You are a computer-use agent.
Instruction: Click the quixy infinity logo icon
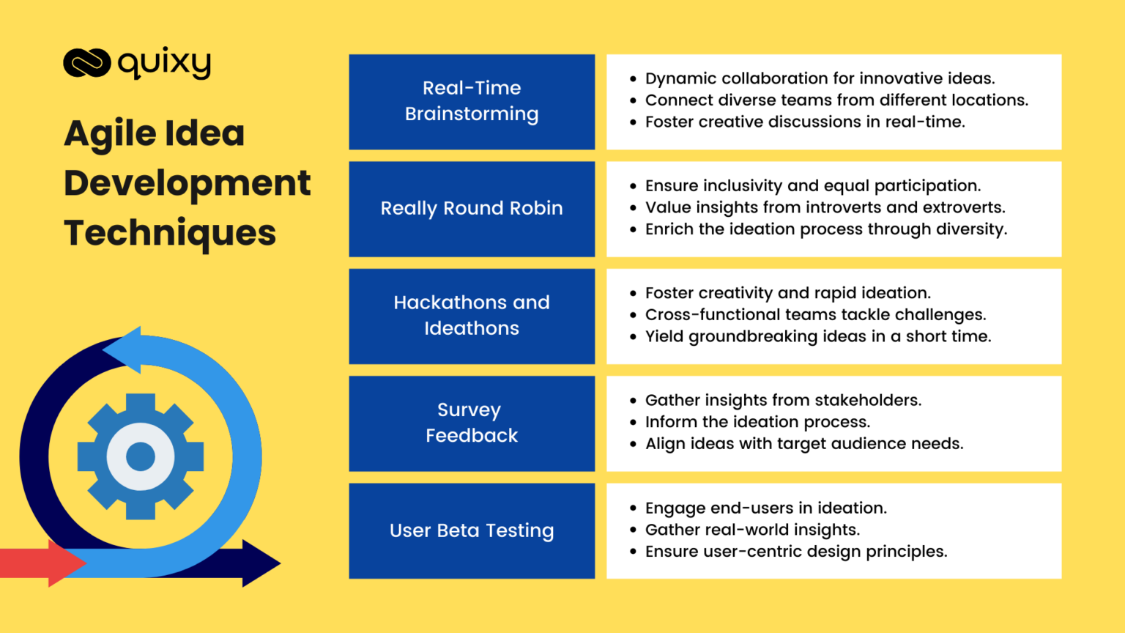pyautogui.click(x=86, y=63)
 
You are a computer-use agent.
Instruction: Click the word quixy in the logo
pyautogui.click(x=164, y=64)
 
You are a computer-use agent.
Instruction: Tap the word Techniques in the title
pyautogui.click(x=170, y=233)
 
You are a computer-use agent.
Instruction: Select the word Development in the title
pyautogui.click(x=187, y=183)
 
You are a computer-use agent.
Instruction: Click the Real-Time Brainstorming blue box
pyautogui.click(x=472, y=101)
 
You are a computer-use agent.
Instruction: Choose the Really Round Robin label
pyautogui.click(x=472, y=209)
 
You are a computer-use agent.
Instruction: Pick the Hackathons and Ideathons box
pyautogui.click(x=472, y=316)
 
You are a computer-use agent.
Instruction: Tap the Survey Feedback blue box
pyautogui.click(x=472, y=423)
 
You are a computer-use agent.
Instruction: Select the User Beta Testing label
pyautogui.click(x=472, y=530)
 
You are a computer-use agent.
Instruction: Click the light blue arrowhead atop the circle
pyautogui.click(x=125, y=349)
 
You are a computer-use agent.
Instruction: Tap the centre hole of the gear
pyautogui.click(x=141, y=456)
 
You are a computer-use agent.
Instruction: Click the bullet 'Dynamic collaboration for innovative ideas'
pyautogui.click(x=820, y=78)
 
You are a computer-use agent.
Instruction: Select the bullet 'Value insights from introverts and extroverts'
pyautogui.click(x=825, y=207)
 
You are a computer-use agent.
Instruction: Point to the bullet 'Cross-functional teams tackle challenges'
pyautogui.click(x=815, y=315)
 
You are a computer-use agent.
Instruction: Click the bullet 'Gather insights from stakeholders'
pyautogui.click(x=783, y=401)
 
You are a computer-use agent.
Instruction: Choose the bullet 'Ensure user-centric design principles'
pyautogui.click(x=796, y=552)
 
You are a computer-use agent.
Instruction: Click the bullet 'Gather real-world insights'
pyautogui.click(x=752, y=530)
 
